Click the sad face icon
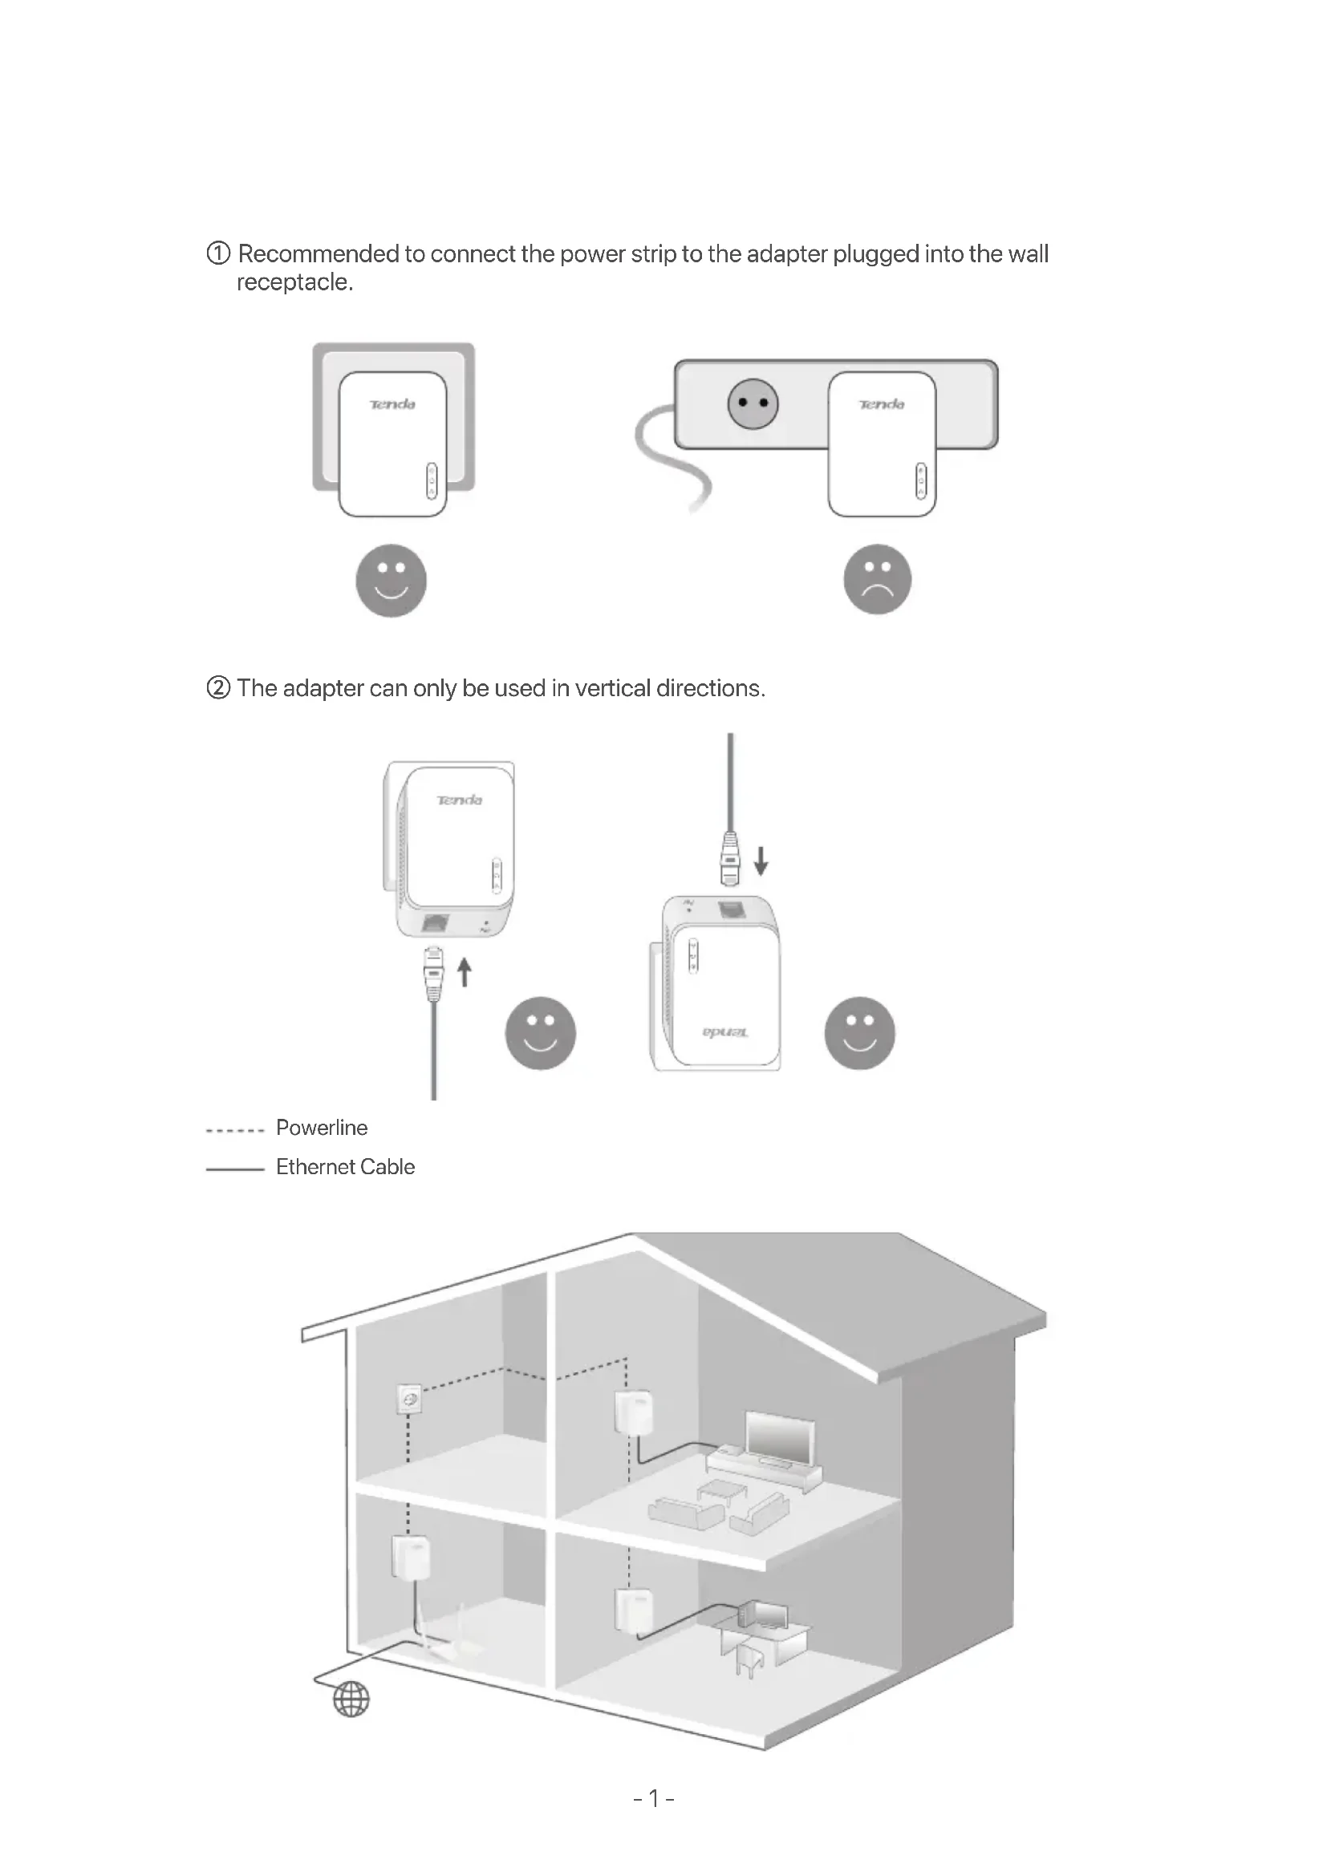pyautogui.click(x=877, y=579)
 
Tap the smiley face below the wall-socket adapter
pyautogui.click(x=391, y=580)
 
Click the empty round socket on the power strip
pyautogui.click(x=753, y=403)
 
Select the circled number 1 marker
pyautogui.click(x=218, y=253)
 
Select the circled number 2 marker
pyautogui.click(x=218, y=688)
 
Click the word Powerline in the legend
pyautogui.click(x=321, y=1128)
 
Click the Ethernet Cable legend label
pyautogui.click(x=345, y=1167)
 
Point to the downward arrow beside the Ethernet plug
pyautogui.click(x=761, y=861)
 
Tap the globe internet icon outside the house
pyautogui.click(x=351, y=1700)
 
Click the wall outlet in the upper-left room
pyautogui.click(x=409, y=1398)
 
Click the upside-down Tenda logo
pyautogui.click(x=724, y=1033)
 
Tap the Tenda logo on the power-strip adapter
pyautogui.click(x=881, y=404)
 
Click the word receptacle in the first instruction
pyautogui.click(x=294, y=282)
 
